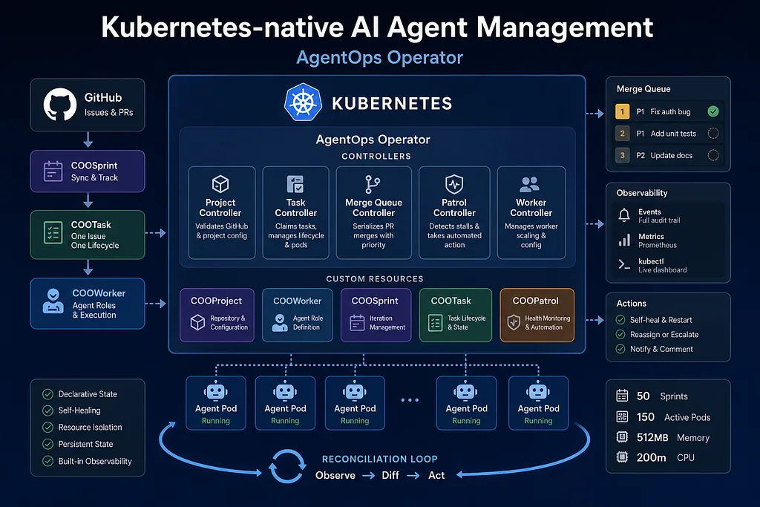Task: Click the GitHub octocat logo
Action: (60, 104)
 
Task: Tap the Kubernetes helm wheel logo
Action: (303, 102)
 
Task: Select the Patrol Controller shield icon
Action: (454, 184)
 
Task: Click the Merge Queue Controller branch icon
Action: (373, 184)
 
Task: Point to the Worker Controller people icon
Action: (529, 184)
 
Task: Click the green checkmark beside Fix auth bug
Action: (713, 111)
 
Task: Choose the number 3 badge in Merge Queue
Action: (623, 156)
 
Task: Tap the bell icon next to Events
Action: (624, 215)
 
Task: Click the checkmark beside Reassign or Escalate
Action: (620, 335)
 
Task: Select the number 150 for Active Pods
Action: (645, 417)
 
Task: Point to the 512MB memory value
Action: (652, 438)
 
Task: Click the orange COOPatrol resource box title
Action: (536, 301)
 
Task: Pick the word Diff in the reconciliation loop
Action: (390, 476)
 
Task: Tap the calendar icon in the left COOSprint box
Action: (53, 171)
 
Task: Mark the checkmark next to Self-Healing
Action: (47, 411)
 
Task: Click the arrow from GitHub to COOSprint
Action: (88, 139)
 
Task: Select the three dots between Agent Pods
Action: (410, 400)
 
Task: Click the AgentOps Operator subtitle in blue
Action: (379, 58)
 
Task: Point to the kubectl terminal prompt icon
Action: (624, 265)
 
